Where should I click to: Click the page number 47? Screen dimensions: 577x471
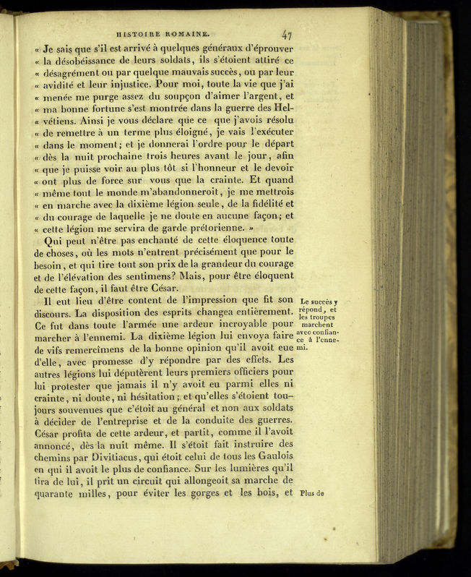[287, 33]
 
